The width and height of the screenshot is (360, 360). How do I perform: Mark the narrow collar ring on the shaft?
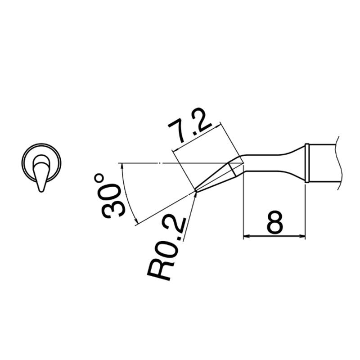307,163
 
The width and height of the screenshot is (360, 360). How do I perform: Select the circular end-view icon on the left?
41,162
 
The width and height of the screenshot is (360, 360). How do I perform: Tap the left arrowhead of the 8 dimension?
246,236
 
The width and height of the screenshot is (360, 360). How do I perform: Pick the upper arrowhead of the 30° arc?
122,166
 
